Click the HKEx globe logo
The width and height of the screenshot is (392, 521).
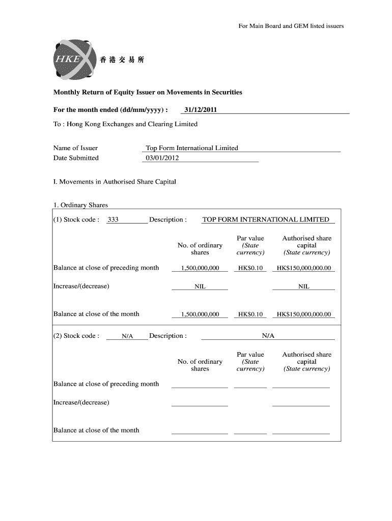[72, 60]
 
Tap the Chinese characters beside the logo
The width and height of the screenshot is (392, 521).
[122, 60]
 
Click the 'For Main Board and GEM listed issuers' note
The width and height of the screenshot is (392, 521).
[291, 26]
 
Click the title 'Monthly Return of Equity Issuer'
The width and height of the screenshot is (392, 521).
[148, 93]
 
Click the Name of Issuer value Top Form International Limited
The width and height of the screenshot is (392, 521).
[192, 148]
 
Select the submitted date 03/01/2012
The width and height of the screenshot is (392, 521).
[162, 158]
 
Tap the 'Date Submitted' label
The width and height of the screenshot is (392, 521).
[76, 158]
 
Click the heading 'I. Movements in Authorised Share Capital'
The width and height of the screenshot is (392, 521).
[115, 182]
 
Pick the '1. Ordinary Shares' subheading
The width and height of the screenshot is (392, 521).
[80, 205]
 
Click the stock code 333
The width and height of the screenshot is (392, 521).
[113, 220]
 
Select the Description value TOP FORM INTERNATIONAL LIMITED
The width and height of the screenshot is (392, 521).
[266, 220]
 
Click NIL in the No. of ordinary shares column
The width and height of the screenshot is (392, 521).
[200, 286]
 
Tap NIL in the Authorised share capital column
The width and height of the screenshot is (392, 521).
[303, 286]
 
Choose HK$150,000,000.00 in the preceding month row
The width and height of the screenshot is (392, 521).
[303, 268]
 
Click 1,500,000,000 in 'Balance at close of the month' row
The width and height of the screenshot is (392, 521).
[200, 314]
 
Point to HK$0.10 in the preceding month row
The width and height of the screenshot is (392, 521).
[250, 268]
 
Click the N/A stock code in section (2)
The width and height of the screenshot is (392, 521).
[127, 336]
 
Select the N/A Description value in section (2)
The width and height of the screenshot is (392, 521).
[268, 336]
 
